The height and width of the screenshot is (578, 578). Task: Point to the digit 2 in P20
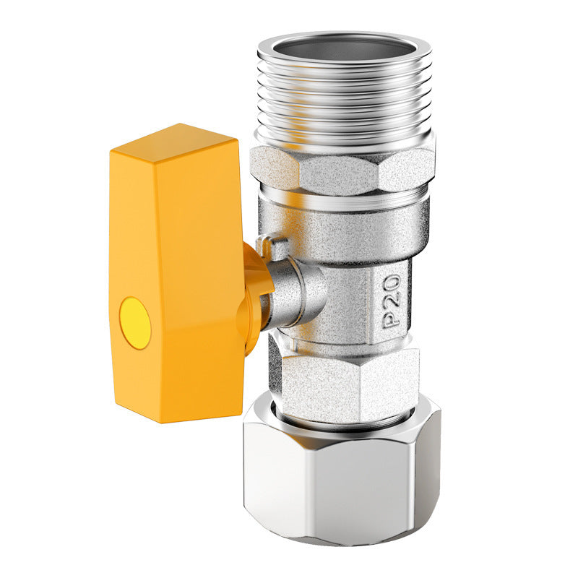[x=392, y=298]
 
